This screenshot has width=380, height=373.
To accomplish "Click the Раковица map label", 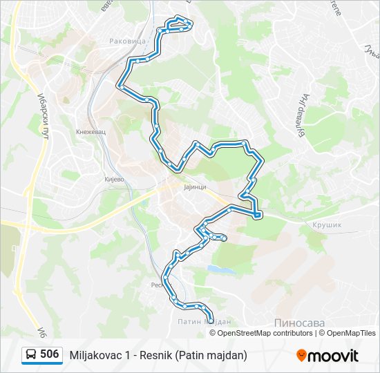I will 128,41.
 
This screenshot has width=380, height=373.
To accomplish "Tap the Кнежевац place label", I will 91,129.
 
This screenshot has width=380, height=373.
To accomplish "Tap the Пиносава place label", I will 299,323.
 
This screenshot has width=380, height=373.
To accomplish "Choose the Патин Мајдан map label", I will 203,322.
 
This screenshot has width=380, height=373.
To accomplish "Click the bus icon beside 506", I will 31,355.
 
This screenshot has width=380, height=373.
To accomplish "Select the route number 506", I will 50,354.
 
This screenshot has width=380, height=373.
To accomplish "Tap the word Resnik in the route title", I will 156,355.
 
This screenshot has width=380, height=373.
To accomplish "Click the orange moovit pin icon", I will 301,356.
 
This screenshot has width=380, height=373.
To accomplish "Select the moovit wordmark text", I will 333,356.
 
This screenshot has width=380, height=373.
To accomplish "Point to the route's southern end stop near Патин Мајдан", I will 211,318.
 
